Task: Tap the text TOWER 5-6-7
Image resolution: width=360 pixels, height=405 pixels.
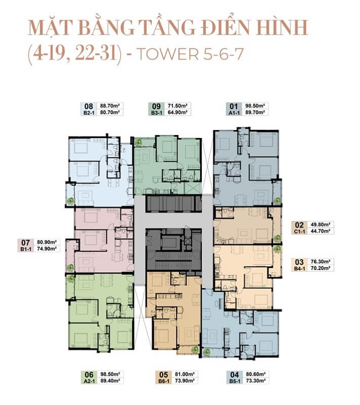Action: coord(190,54)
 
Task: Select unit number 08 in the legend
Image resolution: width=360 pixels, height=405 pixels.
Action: coord(89,106)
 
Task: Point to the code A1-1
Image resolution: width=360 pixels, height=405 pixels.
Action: coord(234,113)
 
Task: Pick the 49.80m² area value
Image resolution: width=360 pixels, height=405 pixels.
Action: coord(320,224)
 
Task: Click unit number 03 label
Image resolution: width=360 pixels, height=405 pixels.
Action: coord(299,262)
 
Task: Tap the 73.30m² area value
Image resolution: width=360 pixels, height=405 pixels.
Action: coord(256,381)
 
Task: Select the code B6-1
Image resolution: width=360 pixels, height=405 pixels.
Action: coord(163,381)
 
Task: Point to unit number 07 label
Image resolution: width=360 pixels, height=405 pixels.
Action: coord(25,243)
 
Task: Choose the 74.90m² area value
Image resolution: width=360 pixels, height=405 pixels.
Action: coord(47,249)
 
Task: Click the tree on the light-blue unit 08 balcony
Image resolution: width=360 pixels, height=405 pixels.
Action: coord(70,200)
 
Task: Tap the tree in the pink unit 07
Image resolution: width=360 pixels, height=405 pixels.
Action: coord(70,267)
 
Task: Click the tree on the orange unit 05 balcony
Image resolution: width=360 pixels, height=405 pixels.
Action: coord(195,350)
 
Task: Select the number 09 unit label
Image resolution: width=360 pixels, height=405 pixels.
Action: coord(156,106)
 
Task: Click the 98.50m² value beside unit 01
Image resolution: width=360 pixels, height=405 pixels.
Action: coord(255,106)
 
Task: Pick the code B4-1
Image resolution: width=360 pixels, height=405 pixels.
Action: coord(299,268)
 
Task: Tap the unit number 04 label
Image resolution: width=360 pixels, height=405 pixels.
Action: coord(235,375)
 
